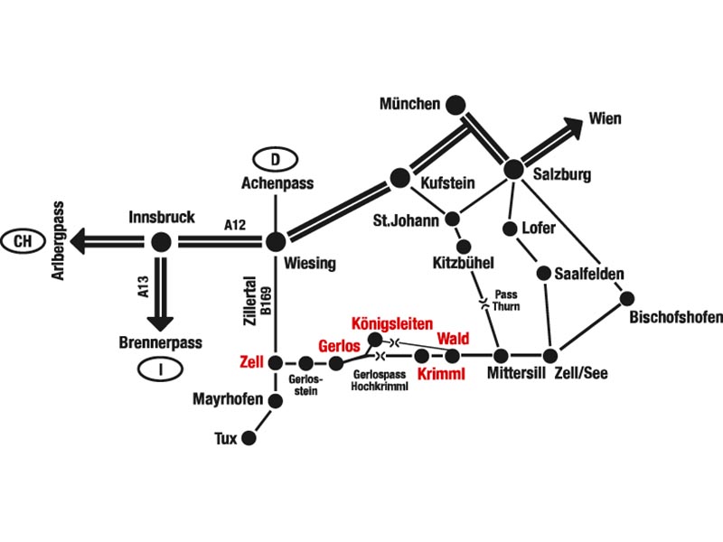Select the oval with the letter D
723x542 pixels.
276,160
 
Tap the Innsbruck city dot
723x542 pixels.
161,241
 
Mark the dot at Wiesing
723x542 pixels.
276,241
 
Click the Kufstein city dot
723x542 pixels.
399,177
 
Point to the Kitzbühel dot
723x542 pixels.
465,247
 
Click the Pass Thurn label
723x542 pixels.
506,300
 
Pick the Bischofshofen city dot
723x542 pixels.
627,299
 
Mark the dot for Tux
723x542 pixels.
249,438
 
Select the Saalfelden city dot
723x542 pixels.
544,273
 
